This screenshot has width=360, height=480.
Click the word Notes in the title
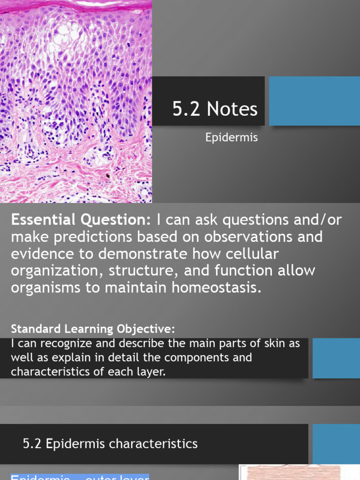[232, 109]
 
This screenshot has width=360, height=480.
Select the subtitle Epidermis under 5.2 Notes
[232, 138]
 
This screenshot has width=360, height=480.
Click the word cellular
[247, 254]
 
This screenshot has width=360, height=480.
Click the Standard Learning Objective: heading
[93, 328]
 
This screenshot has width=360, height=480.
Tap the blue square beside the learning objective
[336, 358]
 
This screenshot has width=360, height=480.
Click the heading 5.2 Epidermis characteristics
[110, 443]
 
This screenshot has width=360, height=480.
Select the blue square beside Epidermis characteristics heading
[336, 443]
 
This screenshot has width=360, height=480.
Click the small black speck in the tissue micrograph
[108, 177]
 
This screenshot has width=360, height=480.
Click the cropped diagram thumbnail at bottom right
[299, 472]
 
